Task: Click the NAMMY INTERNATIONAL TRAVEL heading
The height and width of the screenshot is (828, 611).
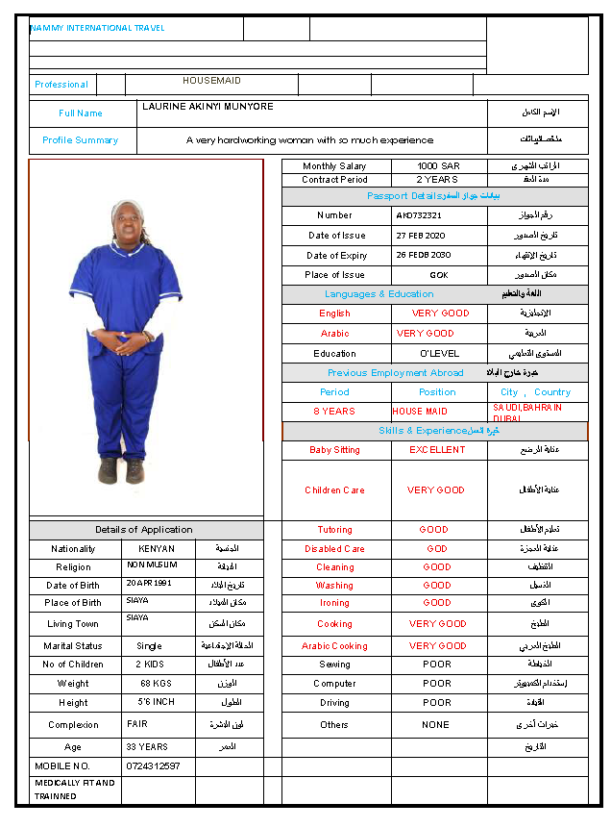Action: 97,28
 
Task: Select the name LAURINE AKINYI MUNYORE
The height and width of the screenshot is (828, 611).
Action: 208,107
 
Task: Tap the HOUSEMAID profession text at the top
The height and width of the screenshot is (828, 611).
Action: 211,81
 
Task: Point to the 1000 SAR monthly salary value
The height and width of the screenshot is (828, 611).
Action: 438,166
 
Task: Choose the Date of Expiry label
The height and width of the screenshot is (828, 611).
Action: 336,256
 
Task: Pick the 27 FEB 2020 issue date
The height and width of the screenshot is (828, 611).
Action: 421,236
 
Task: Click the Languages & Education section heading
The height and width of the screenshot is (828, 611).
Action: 379,294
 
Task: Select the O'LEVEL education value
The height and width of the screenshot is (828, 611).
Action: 439,354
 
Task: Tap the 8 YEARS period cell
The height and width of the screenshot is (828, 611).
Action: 334,412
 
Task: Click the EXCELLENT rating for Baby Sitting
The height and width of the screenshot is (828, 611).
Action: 437,450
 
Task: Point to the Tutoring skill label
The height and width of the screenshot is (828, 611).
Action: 334,530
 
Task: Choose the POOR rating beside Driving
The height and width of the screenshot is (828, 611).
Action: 437,703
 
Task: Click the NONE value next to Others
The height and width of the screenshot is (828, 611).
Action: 435,725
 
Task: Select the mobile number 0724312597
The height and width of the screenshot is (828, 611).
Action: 154,766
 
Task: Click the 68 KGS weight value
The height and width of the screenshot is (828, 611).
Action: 156,684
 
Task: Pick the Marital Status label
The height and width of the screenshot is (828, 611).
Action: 73,646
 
